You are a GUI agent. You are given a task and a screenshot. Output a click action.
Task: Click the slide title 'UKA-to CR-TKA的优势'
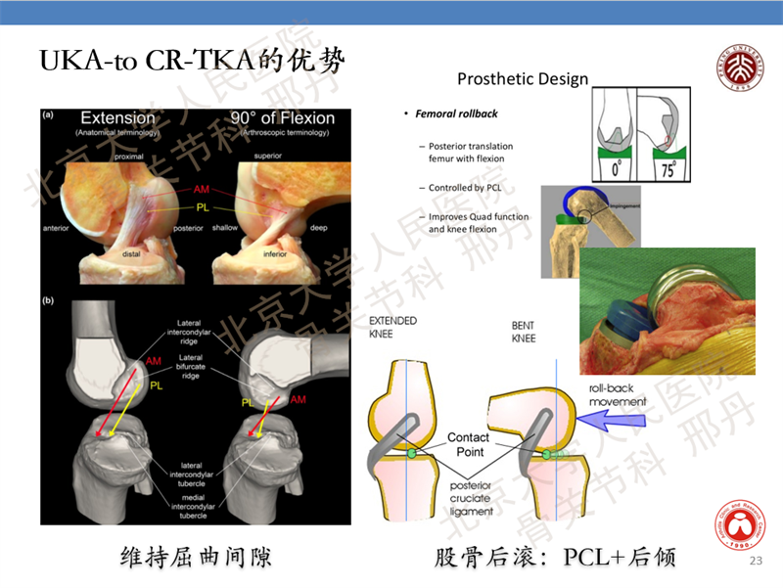click(x=192, y=60)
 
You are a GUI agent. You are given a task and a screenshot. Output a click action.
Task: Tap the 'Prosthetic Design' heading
click(x=523, y=79)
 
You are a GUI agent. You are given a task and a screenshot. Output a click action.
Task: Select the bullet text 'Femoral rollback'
click(x=456, y=113)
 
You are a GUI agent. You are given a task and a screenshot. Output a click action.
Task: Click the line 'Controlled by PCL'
click(x=471, y=188)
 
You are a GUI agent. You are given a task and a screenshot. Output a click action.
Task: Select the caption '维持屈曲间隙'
click(x=196, y=557)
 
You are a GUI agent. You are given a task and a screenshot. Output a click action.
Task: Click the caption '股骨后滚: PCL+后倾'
click(x=555, y=557)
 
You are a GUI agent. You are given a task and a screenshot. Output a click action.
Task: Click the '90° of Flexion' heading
click(x=282, y=117)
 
